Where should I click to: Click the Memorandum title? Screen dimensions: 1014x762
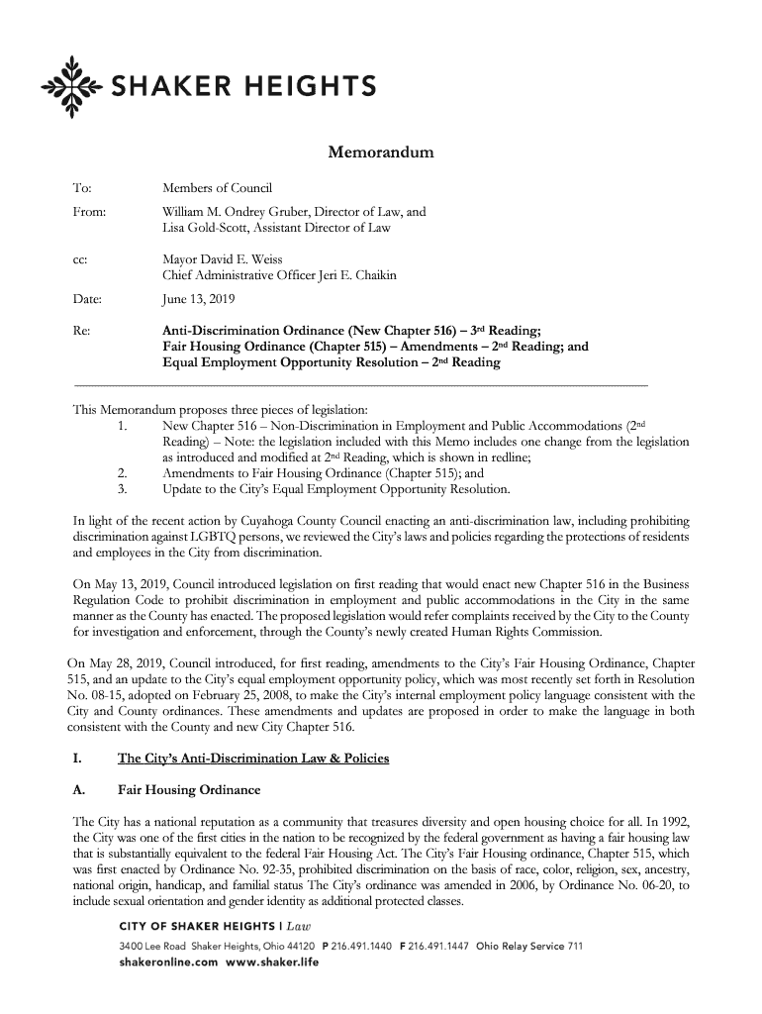381,153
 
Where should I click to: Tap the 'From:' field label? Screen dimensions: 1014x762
90,211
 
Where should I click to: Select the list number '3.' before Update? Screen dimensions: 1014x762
123,488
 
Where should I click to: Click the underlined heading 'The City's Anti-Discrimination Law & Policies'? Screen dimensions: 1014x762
252,759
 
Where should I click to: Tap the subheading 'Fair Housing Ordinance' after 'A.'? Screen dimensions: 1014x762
189,790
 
